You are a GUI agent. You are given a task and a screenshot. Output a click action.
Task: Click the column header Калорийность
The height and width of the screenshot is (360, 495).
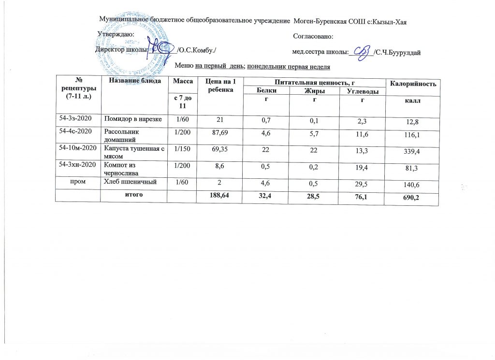coord(413,85)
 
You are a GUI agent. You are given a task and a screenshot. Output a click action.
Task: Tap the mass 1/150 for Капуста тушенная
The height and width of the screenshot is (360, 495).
coord(182,148)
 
